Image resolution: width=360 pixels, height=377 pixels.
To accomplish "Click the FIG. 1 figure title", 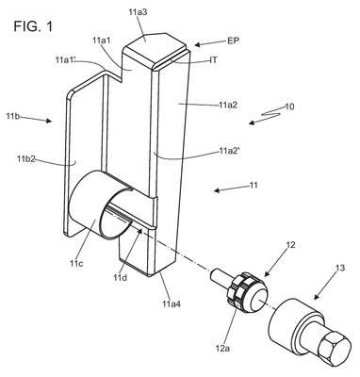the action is (33, 26).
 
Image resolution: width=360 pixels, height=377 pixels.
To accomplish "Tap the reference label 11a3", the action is (139, 12).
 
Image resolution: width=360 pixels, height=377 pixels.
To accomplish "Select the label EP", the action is (233, 41).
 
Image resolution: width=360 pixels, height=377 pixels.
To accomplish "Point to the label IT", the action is (213, 59).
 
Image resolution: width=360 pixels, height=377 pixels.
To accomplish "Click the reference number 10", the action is (289, 107).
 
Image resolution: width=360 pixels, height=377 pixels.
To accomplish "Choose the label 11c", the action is (76, 263).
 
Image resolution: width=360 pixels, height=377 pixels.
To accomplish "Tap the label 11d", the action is (121, 277).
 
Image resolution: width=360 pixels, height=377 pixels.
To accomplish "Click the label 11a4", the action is (172, 303).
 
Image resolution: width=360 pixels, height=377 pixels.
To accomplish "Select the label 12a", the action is (222, 348).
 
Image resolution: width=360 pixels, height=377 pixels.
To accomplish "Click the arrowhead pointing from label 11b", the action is (49, 121).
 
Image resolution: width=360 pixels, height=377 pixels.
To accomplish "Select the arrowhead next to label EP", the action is (197, 45).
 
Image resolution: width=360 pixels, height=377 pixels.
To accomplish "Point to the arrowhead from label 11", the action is (217, 189).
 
